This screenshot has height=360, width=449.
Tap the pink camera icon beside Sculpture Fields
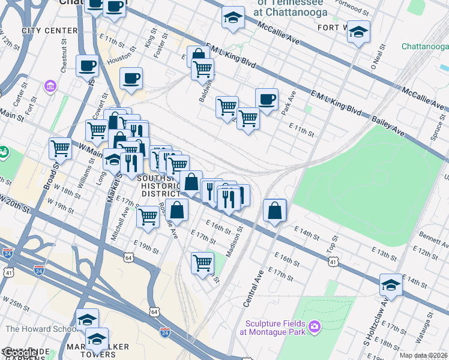(x=314, y=327)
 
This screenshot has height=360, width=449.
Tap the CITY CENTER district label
(x=50, y=31)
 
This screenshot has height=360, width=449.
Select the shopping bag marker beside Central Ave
(x=274, y=211)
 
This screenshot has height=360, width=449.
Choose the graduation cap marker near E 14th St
(x=391, y=285)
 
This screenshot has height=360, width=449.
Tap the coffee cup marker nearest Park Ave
(x=267, y=99)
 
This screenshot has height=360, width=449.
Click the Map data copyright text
(x=423, y=355)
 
